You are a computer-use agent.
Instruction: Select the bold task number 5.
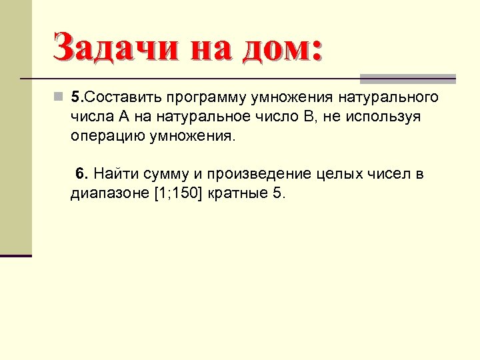[x=76, y=97]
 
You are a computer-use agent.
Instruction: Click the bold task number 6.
[x=81, y=174]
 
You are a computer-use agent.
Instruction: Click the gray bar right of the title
[x=407, y=77]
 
